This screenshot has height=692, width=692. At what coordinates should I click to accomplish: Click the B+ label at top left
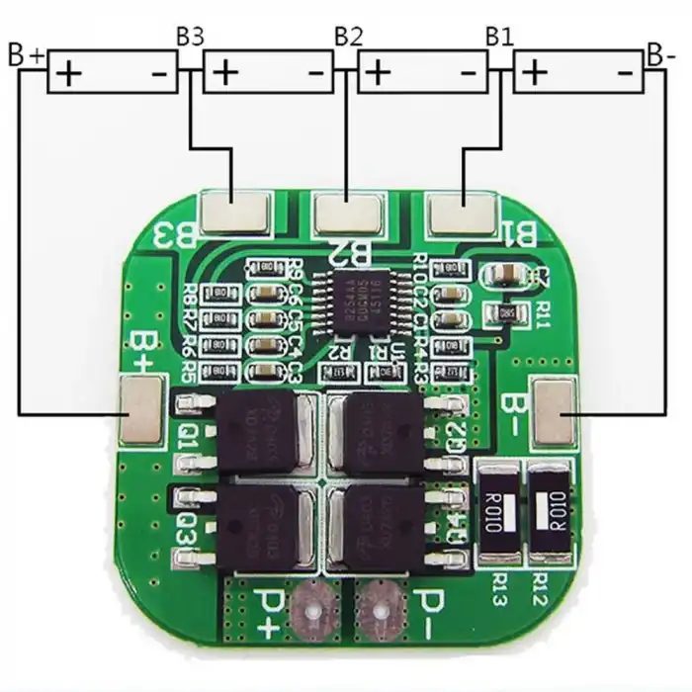coord(26,54)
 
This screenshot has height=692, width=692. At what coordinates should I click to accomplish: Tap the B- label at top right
coord(660,53)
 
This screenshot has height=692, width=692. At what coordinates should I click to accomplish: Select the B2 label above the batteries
coord(348,37)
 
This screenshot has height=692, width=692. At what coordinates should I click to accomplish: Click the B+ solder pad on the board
coord(139,408)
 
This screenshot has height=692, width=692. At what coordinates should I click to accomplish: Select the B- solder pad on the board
coord(552,409)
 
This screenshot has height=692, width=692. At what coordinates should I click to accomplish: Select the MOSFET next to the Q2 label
coord(382,430)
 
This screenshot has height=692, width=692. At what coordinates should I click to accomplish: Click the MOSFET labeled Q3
coord(261,527)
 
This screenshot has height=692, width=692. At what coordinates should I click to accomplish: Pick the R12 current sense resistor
coord(548,515)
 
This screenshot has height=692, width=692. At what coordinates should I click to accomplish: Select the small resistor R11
coord(507,312)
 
